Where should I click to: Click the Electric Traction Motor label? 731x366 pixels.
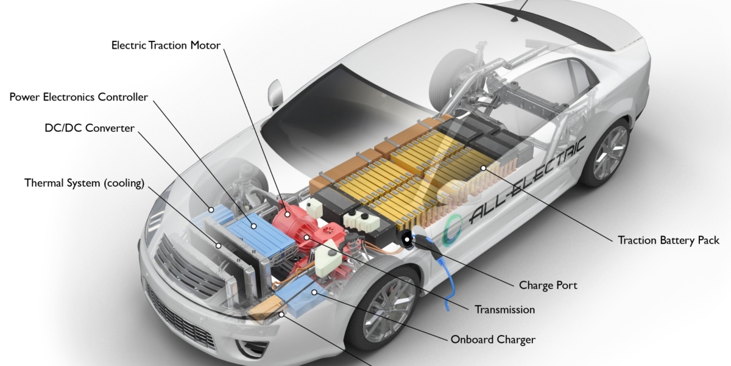pos(166,45)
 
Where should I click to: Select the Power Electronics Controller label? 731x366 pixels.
pos(79,97)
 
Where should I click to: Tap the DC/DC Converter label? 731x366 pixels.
pos(90,128)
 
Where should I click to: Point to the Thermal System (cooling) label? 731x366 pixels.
pos(84,183)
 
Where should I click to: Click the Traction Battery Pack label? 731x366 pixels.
pos(668,240)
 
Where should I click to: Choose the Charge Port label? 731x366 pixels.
pos(548,285)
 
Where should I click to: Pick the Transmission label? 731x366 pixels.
pos(504,309)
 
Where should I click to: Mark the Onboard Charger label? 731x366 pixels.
pos(492,339)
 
